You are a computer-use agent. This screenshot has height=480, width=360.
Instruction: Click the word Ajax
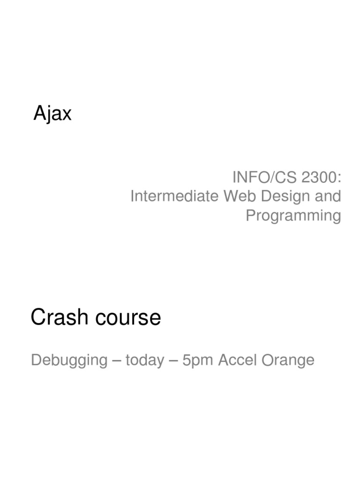(x=52, y=114)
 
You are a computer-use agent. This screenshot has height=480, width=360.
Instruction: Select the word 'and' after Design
(x=328, y=196)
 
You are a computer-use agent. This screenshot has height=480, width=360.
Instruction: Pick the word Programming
(x=293, y=216)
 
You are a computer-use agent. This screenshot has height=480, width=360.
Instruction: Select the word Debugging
(x=69, y=360)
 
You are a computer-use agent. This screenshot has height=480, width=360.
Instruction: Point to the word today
(x=145, y=360)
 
